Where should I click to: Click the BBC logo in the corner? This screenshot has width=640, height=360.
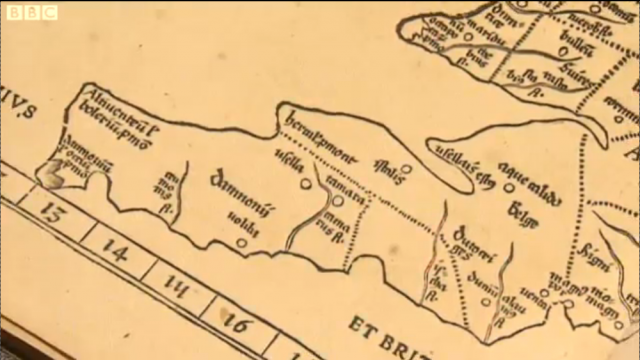tap(31, 12)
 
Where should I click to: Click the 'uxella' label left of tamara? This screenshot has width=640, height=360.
tap(290, 158)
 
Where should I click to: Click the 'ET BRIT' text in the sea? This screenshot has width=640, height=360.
tap(390, 329)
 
